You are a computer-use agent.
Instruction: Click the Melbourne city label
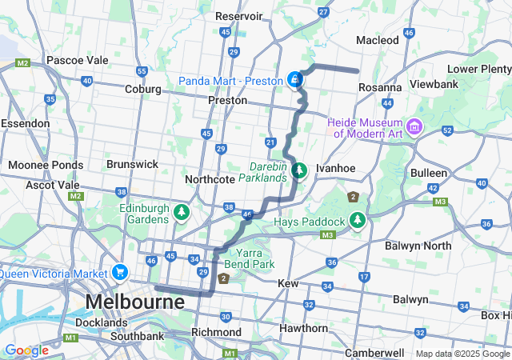pyautogui.click(x=134, y=302)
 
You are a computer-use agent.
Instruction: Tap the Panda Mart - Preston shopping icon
pyautogui.click(x=295, y=80)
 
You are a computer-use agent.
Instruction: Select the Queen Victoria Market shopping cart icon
pyautogui.click(x=120, y=272)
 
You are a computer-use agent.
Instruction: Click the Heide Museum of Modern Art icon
pyautogui.click(x=414, y=126)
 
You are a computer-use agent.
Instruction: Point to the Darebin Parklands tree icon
pyautogui.click(x=299, y=170)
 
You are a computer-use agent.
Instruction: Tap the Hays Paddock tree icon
pyautogui.click(x=358, y=220)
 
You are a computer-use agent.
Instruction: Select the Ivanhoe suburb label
pyautogui.click(x=334, y=169)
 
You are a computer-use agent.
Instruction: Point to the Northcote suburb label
pyautogui.click(x=210, y=179)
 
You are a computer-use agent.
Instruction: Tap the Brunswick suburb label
pyautogui.click(x=132, y=164)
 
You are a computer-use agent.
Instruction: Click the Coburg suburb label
pyautogui.click(x=143, y=89)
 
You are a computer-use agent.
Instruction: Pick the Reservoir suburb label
pyautogui.click(x=239, y=16)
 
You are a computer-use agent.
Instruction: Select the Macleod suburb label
pyautogui.click(x=377, y=40)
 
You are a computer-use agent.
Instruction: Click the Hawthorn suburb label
pyautogui.click(x=303, y=328)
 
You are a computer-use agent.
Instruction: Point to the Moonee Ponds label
pyautogui.click(x=45, y=165)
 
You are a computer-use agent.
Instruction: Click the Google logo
pyautogui.click(x=26, y=350)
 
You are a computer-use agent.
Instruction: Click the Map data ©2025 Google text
pyautogui.click(x=462, y=354)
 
